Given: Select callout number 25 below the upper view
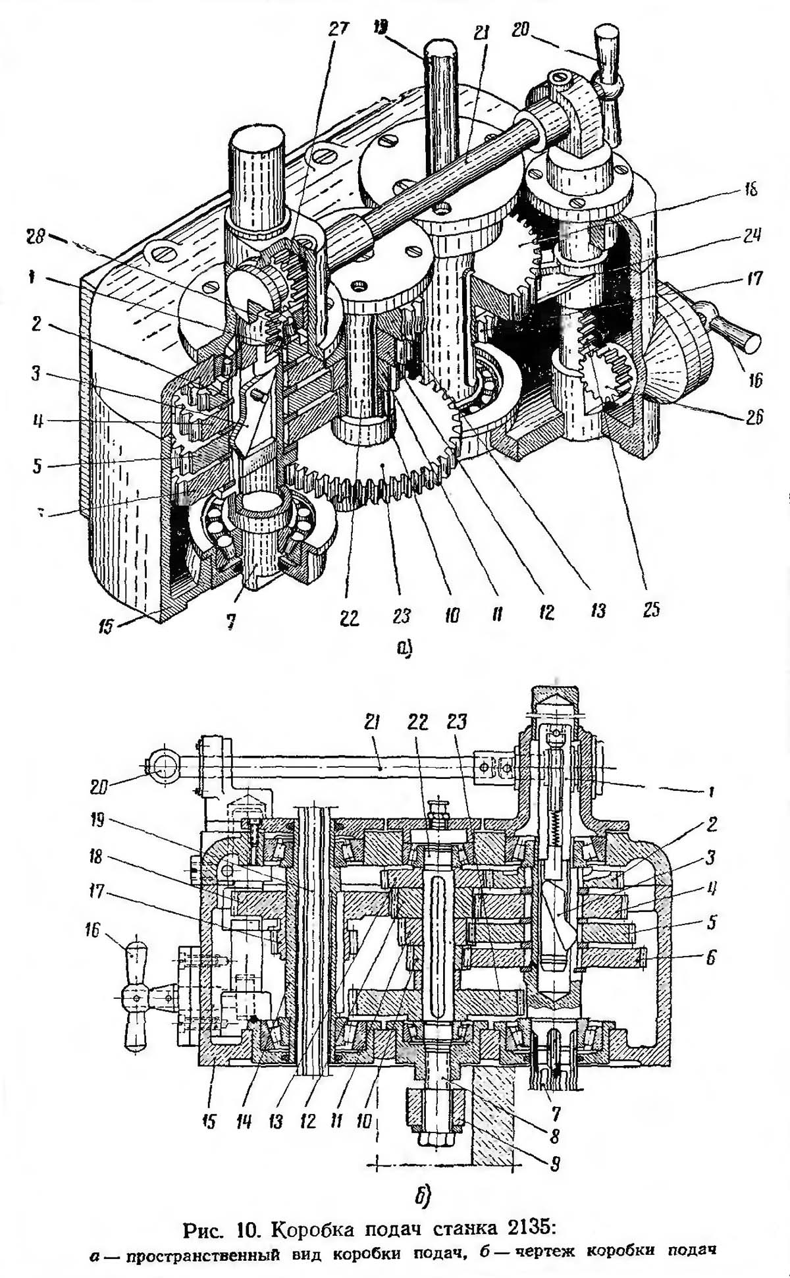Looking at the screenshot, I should coord(651,610).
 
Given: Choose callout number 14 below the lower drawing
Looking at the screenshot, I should coord(244,1120).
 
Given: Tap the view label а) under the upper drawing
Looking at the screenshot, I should coord(403,648).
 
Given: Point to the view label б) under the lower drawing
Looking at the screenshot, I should coord(422,1194).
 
